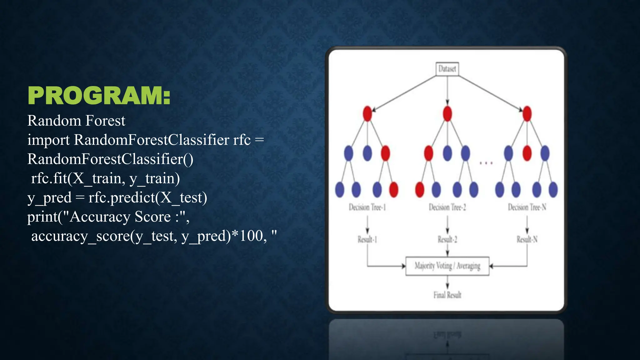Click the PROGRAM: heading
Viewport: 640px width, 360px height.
pyautogui.click(x=99, y=96)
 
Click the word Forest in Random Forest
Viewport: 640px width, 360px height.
pyautogui.click(x=105, y=121)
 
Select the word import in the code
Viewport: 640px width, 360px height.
pyautogui.click(x=48, y=140)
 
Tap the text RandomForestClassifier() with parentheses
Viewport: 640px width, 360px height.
pyautogui.click(x=110, y=159)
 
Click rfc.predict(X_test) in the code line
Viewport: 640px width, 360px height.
pyautogui.click(x=147, y=197)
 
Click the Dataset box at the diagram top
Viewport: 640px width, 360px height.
pyautogui.click(x=447, y=69)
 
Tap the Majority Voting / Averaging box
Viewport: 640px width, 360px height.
pyautogui.click(x=447, y=266)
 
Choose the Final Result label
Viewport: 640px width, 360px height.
pyautogui.click(x=447, y=295)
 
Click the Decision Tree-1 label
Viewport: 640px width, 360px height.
pyautogui.click(x=367, y=207)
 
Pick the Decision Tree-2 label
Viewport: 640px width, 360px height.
pyautogui.click(x=447, y=207)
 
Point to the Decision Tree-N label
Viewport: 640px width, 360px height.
pyautogui.click(x=527, y=207)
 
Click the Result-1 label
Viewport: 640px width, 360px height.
pyautogui.click(x=367, y=239)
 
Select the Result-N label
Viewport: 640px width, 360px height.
pyautogui.click(x=527, y=239)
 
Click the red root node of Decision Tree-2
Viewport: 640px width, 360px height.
pyautogui.click(x=447, y=113)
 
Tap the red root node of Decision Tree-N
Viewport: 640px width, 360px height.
pyautogui.click(x=527, y=113)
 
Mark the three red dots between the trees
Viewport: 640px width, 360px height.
pyautogui.click(x=486, y=163)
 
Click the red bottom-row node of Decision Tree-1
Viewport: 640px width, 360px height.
pyautogui.click(x=393, y=189)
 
